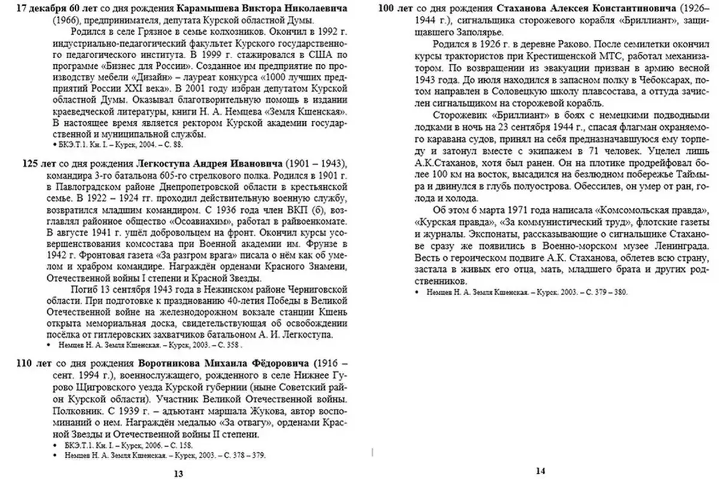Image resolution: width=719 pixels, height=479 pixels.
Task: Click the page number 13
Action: (178, 473)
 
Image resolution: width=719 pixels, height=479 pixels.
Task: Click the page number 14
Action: (540, 471)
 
